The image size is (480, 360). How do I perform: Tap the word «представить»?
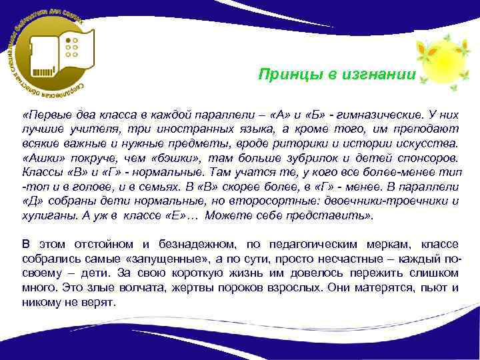click(339, 215)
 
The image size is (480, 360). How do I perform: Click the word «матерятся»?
click(381, 287)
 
